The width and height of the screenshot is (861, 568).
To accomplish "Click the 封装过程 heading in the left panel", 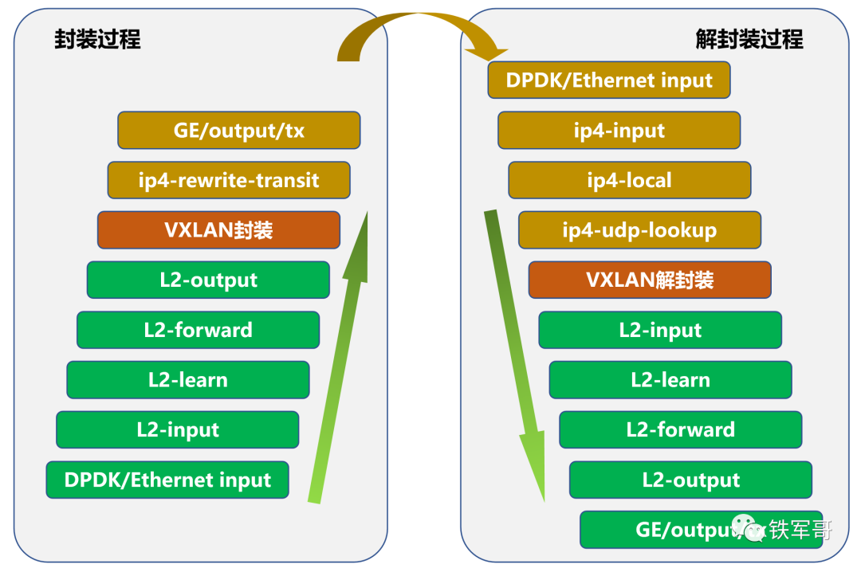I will point(97,39).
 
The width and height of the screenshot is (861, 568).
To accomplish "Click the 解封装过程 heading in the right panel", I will point(749,39).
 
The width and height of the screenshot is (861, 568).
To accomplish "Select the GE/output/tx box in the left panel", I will point(239,130).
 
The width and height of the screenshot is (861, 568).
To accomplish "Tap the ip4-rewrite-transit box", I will point(229,180).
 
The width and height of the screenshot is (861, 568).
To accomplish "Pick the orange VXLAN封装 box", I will point(218,230).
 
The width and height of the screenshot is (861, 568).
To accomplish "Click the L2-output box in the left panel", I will point(208,280).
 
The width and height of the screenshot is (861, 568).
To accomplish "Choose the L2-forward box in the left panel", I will point(198,330).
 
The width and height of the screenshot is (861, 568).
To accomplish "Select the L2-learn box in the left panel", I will point(187,380).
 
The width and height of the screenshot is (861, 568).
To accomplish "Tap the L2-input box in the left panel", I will point(177,430).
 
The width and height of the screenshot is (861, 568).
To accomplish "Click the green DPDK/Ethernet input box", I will point(167,480).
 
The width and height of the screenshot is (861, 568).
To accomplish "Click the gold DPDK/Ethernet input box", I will point(609,80).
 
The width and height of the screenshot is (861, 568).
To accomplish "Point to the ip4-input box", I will point(619,131).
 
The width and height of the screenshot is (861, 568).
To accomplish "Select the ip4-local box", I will point(629,180).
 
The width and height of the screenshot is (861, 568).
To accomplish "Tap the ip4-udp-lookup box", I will point(639,230).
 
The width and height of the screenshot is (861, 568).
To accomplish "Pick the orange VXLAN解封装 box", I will point(650,280).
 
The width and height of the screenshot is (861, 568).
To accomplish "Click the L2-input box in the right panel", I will point(660,330).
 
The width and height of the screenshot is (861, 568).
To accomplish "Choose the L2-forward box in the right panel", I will point(680,429).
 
